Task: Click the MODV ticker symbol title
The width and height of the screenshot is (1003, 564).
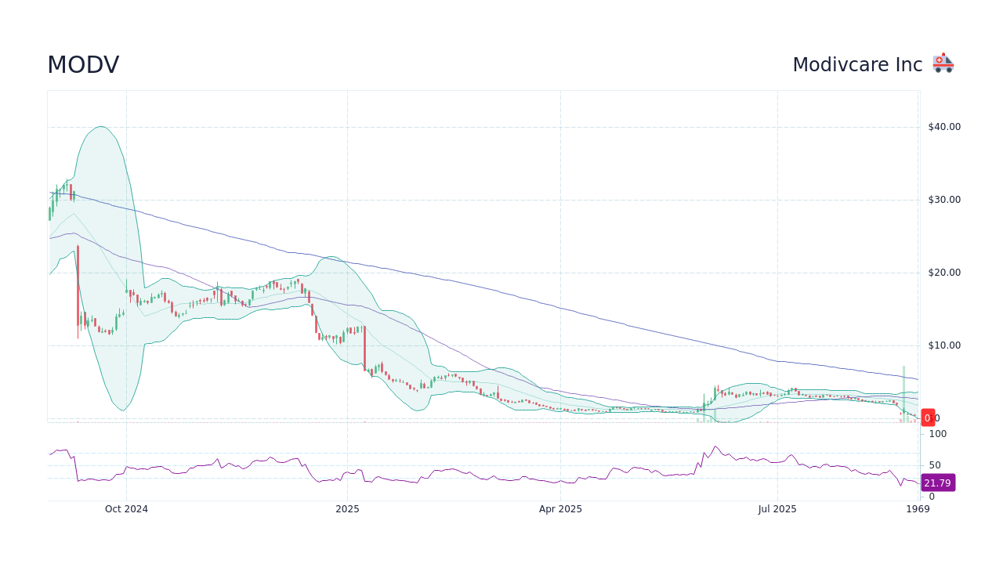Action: click(83, 65)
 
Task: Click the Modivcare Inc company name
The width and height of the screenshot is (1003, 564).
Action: click(857, 65)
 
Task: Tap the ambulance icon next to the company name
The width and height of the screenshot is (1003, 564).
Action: click(943, 63)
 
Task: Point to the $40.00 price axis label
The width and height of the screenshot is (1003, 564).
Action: click(944, 127)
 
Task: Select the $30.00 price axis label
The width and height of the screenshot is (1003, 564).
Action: click(944, 200)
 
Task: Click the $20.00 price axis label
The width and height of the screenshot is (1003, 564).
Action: click(944, 273)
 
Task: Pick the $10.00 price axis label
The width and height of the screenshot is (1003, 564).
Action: click(944, 345)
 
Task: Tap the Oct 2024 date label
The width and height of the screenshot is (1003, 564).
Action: click(126, 509)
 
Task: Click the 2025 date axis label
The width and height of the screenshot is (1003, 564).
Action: click(347, 509)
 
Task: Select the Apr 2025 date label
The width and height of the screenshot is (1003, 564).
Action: click(560, 509)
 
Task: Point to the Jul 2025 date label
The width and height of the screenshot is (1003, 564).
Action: click(777, 509)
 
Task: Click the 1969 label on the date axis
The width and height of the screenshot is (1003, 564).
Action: click(918, 509)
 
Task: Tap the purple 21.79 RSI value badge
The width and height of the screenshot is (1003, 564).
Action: click(937, 483)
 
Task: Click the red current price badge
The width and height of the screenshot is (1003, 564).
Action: click(928, 418)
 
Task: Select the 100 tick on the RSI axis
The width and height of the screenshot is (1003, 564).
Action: click(938, 434)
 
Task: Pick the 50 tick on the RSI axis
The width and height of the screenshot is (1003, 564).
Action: click(935, 465)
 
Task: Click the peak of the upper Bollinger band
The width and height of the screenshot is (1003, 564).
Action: click(100, 126)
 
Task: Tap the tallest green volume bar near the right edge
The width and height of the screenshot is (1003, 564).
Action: click(903, 393)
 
